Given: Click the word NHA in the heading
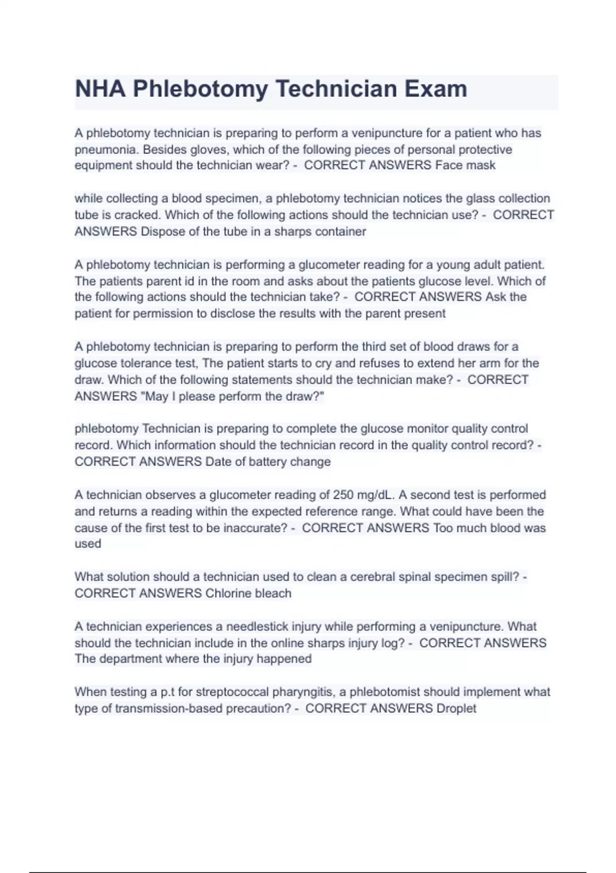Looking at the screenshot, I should (100, 89).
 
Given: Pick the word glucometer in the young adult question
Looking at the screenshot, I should (329, 265).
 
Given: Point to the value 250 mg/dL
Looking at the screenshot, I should (364, 495).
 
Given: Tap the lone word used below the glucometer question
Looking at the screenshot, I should (88, 544).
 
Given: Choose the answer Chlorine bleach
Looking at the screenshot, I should (248, 594).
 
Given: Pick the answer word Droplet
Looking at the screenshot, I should (456, 709).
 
